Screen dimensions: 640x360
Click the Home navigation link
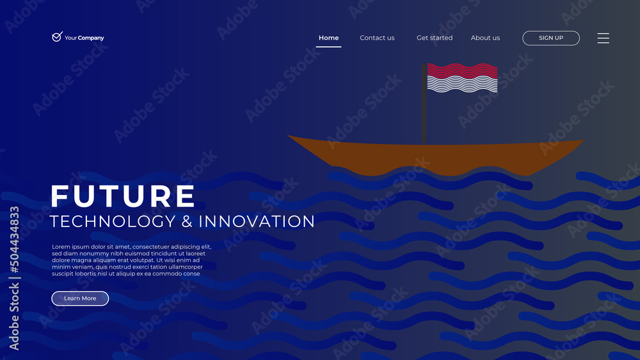[x=328, y=38]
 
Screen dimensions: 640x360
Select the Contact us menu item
[x=377, y=38]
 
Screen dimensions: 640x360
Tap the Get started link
[x=435, y=38]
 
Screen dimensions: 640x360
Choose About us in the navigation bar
[x=485, y=38]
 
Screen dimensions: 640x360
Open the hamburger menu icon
[x=604, y=38]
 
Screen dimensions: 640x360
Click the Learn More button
[x=80, y=299]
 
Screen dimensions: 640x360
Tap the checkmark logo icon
[x=57, y=36]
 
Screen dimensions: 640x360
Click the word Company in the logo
[x=91, y=38]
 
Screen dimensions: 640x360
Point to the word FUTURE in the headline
[x=123, y=196]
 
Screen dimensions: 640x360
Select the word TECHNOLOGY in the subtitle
[x=113, y=221]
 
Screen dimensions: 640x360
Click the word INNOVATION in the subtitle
[x=257, y=221]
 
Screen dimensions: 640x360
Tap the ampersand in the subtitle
[x=187, y=221]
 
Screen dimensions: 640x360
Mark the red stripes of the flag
[x=462, y=70]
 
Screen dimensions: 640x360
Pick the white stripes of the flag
[x=462, y=85]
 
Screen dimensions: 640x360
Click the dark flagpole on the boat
[x=424, y=104]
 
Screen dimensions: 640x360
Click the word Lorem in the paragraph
[x=60, y=247]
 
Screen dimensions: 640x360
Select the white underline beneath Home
[x=328, y=47]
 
